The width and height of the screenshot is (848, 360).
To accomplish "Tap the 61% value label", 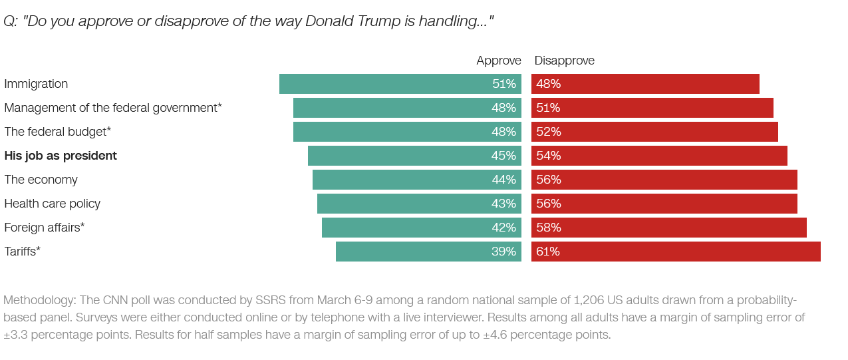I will click(x=548, y=252).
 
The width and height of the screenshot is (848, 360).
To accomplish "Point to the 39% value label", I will click(x=503, y=252).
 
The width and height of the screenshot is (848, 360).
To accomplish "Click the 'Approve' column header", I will click(x=498, y=61).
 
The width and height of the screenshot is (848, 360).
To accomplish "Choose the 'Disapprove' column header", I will click(x=565, y=61).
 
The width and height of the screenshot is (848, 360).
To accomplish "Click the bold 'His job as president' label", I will click(x=61, y=156).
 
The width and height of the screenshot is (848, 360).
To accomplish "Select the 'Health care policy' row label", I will click(x=53, y=204).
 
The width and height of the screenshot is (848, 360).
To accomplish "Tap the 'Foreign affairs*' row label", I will click(x=45, y=228).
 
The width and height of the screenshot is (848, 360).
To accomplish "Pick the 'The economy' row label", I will click(x=41, y=180).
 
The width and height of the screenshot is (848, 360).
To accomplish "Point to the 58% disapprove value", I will click(x=548, y=228).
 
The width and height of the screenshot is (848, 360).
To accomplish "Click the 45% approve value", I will click(x=503, y=156).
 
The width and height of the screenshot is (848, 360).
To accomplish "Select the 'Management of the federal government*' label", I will click(x=113, y=108).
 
